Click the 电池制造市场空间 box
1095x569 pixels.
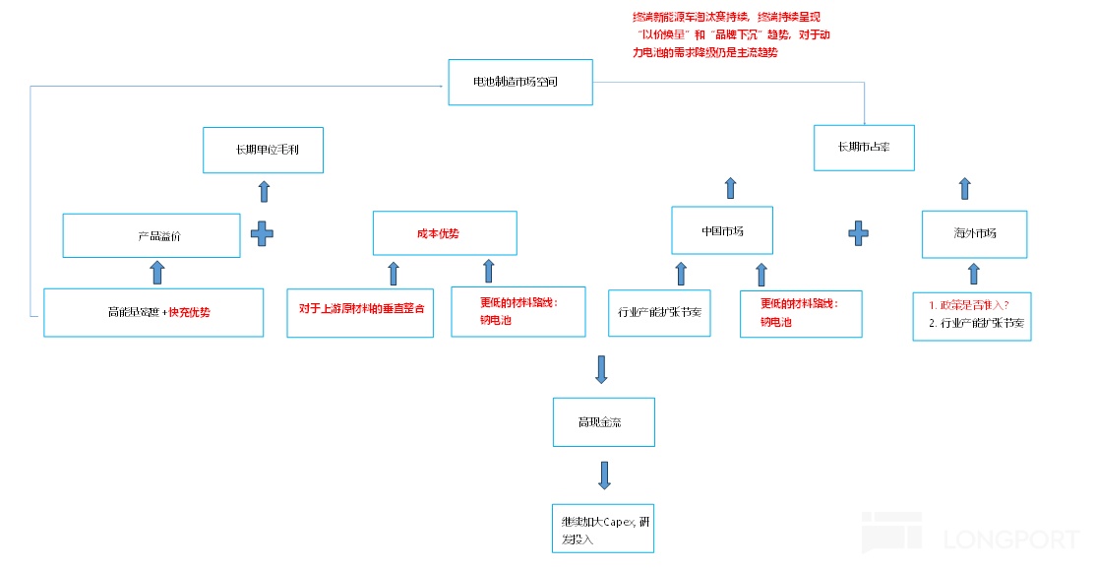pos(519,83)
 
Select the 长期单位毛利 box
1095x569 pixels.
pos(264,150)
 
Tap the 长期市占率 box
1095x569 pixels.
pos(864,148)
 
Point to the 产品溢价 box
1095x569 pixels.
pos(152,235)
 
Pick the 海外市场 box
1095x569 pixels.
pos(974,234)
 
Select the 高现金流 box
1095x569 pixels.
pos(600,423)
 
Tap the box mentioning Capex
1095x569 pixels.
pos(601,528)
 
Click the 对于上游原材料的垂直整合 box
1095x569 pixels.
pos(360,311)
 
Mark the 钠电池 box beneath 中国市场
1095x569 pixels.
pos(800,314)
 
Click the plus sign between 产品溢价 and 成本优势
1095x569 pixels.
pos(263,234)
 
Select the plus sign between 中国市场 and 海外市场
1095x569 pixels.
pos(859,233)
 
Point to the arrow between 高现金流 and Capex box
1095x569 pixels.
pos(604,475)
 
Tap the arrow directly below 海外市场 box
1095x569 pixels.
pos(974,273)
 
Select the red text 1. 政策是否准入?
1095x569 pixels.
pos(968,304)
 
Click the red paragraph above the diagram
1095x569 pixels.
pos(728,35)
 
